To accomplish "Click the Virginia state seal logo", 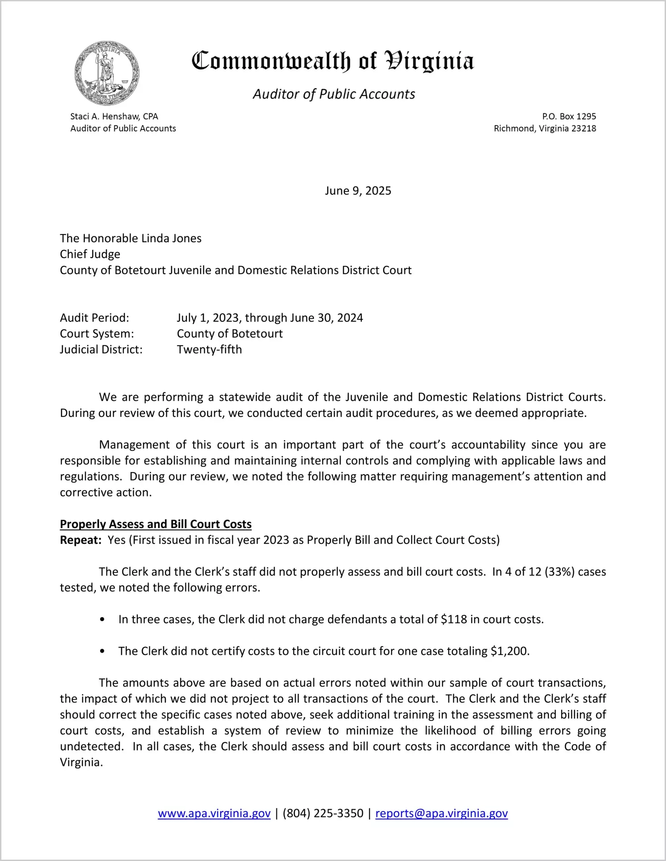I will pyautogui.click(x=107, y=73).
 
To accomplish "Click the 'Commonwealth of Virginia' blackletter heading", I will pyautogui.click(x=333, y=61).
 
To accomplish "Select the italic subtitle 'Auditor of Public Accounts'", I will pyautogui.click(x=333, y=94).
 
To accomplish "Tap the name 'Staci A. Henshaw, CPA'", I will pyautogui.click(x=114, y=116).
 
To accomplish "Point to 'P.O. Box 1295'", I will pyautogui.click(x=569, y=116).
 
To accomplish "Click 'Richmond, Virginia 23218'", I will pyautogui.click(x=545, y=128).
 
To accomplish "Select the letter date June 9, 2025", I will pyautogui.click(x=358, y=191).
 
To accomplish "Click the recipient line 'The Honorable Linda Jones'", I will pyautogui.click(x=131, y=238).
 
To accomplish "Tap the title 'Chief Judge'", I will pyautogui.click(x=90, y=254).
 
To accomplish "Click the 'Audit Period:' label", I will pyautogui.click(x=95, y=318).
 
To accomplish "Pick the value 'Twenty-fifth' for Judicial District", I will pyautogui.click(x=209, y=350).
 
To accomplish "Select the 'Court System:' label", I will pyautogui.click(x=97, y=334).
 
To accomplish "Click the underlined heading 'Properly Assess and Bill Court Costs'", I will pyautogui.click(x=156, y=524).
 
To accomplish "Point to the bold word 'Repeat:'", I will pyautogui.click(x=81, y=540).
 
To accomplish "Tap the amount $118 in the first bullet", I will pyautogui.click(x=453, y=619).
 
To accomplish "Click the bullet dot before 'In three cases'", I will pyautogui.click(x=103, y=620).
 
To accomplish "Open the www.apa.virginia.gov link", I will pyautogui.click(x=214, y=813).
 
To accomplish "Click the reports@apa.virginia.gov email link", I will pyautogui.click(x=441, y=813).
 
